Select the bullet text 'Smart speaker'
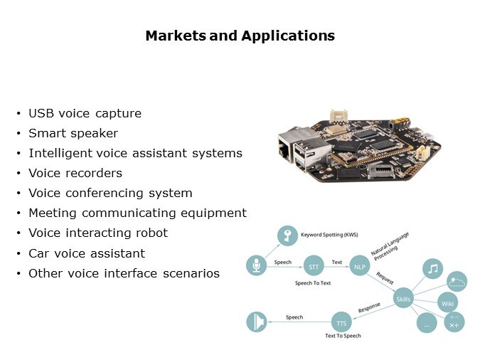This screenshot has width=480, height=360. (x=73, y=133)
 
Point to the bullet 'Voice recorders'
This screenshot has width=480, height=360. (x=75, y=173)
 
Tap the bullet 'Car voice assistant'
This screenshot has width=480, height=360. (x=87, y=253)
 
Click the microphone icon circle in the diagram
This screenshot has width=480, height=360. (x=255, y=266)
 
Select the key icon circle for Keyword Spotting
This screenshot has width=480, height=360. (x=287, y=235)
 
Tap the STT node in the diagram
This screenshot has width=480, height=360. (x=313, y=267)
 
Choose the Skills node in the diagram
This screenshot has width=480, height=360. (x=403, y=299)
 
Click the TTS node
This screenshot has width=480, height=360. (x=341, y=322)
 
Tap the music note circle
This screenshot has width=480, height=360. (x=432, y=269)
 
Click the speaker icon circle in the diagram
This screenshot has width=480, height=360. (x=256, y=322)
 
